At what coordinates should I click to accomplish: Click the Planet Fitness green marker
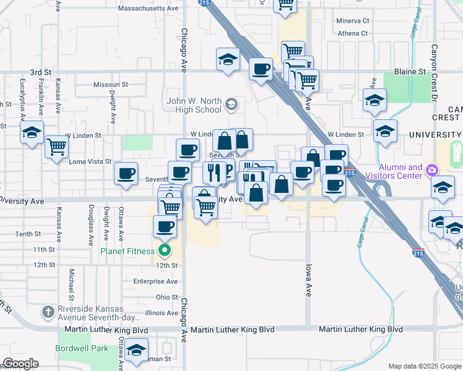pos(164,250)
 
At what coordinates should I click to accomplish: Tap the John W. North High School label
pos(194,105)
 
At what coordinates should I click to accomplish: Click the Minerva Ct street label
pos(352,21)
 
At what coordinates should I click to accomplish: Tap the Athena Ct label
pos(352,33)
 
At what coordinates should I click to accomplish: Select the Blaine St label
pos(410,72)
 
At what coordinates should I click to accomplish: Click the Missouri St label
pos(110,84)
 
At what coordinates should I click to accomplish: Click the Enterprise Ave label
pos(155,281)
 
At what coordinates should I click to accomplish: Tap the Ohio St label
pos(167,297)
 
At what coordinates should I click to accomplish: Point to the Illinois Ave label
pos(160,313)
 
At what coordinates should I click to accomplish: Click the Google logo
pos(20,364)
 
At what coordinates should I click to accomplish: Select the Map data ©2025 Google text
pos(424,366)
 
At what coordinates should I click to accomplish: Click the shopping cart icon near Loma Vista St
pos(56,147)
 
